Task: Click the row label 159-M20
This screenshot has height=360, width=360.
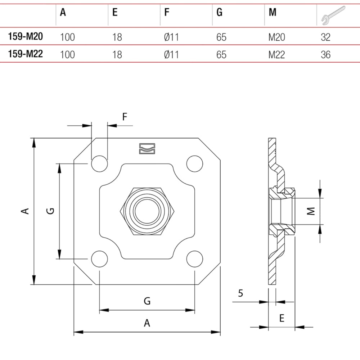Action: (x=25, y=36)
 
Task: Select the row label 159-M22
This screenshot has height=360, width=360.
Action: (x=25, y=54)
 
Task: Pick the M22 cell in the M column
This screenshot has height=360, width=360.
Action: (x=276, y=54)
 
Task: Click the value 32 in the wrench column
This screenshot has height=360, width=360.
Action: (x=325, y=37)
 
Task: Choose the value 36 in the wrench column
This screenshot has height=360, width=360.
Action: (x=325, y=54)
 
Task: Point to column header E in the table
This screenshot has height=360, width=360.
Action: (x=115, y=13)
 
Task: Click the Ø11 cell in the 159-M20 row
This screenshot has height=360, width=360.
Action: (x=171, y=37)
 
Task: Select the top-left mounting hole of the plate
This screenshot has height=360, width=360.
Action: (x=100, y=164)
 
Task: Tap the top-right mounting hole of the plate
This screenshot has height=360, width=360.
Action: (x=194, y=164)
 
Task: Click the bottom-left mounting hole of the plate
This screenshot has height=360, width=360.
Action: (x=100, y=258)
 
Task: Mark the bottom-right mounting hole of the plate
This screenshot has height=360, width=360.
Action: (x=194, y=258)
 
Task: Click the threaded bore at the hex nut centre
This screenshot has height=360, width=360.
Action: (x=147, y=211)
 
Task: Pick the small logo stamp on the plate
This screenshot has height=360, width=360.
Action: (x=147, y=148)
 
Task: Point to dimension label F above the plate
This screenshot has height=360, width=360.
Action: (x=125, y=117)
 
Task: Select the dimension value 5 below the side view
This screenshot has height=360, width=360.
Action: (x=240, y=293)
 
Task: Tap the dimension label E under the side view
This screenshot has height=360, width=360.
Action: (x=282, y=318)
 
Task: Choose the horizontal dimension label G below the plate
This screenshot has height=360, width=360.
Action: (x=147, y=301)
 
